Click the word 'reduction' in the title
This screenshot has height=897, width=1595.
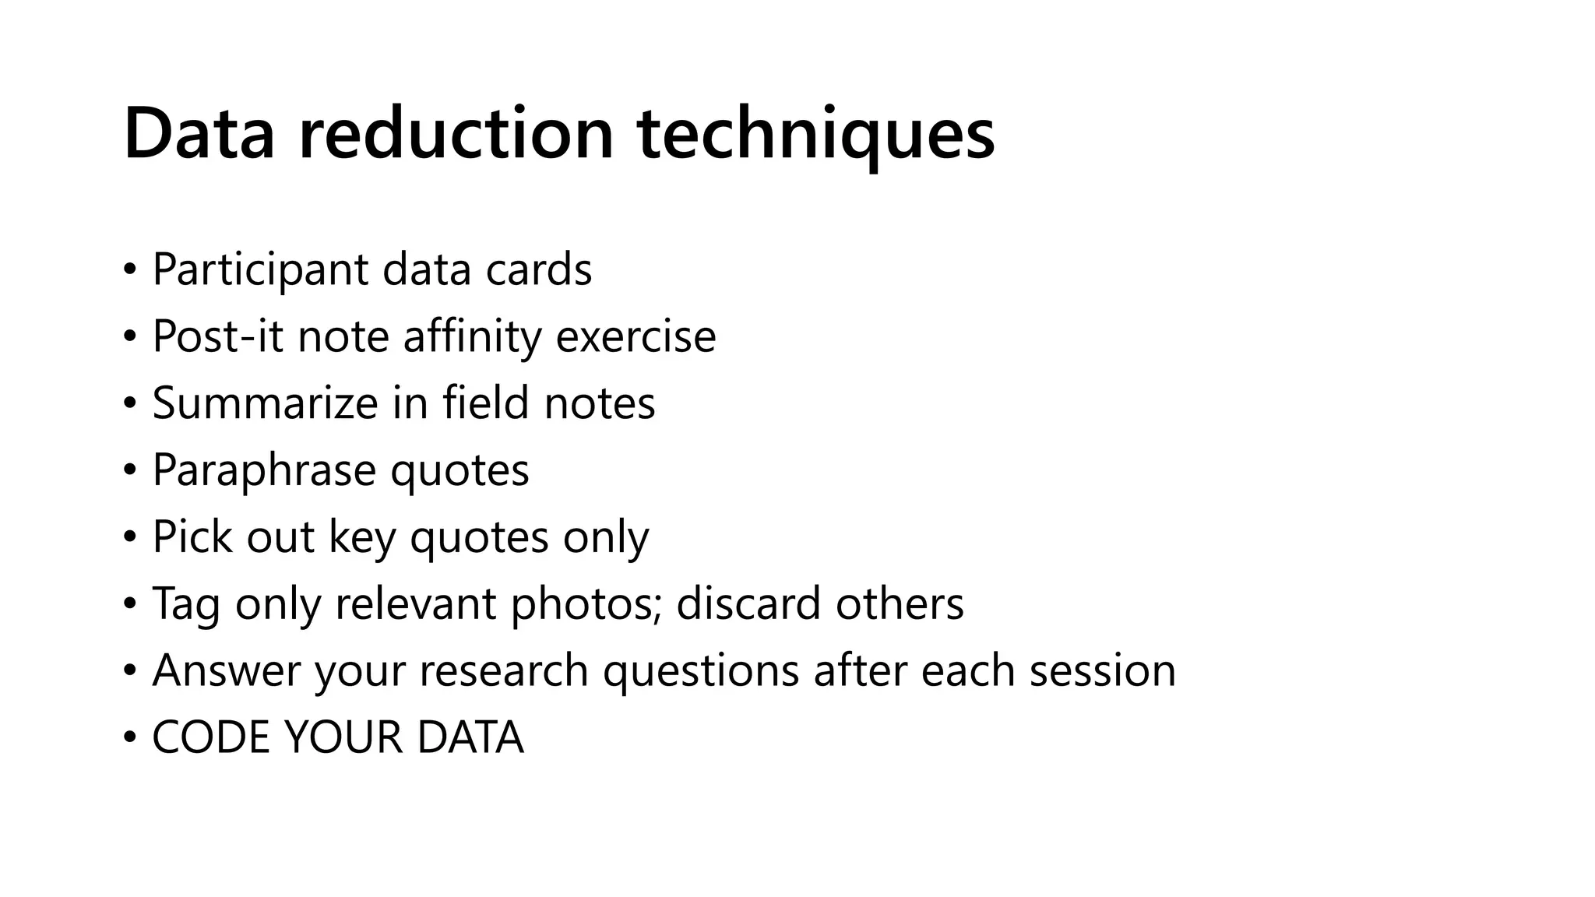click(x=456, y=134)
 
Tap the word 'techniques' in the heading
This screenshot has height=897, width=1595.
click(x=815, y=134)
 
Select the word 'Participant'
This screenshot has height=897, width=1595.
click(x=260, y=270)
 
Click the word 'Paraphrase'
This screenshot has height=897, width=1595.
click(x=263, y=470)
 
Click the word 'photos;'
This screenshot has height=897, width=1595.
click(x=586, y=604)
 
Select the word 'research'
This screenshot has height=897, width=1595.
click(x=504, y=671)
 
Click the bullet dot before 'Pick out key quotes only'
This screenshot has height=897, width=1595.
click(x=129, y=537)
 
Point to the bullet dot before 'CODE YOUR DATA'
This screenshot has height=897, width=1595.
click(x=129, y=738)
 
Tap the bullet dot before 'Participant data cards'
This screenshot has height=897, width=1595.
click(x=129, y=270)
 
